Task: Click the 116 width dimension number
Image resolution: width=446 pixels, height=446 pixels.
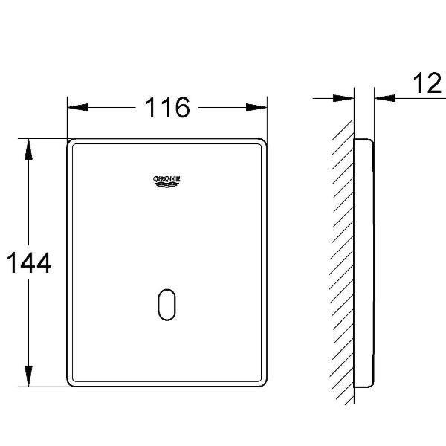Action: (167, 107)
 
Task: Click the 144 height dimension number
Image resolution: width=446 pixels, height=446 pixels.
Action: (29, 263)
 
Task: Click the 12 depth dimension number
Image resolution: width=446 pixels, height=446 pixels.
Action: (427, 83)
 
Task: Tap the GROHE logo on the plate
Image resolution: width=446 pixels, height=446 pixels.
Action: (167, 181)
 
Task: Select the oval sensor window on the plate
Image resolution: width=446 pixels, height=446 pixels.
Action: (167, 305)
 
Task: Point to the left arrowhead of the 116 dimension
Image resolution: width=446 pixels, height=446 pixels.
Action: (77, 108)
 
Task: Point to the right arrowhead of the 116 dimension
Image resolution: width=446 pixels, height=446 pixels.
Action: (256, 108)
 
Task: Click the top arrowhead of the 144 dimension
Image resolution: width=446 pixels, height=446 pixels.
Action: (28, 149)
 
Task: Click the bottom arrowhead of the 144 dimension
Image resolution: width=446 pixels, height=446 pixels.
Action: (28, 376)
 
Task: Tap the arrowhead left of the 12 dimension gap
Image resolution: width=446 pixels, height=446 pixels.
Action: (343, 98)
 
